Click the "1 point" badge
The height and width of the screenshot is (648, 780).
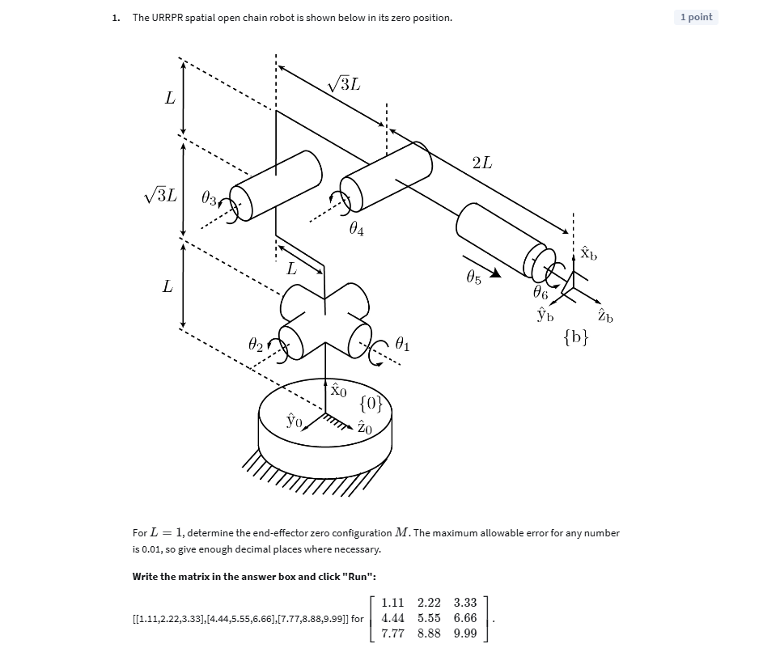(696, 17)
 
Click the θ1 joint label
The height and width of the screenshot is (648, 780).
(402, 346)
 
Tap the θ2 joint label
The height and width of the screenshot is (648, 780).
(255, 346)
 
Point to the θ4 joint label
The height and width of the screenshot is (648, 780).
(356, 231)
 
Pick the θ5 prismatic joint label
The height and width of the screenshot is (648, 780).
(473, 278)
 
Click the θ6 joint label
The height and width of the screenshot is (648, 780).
(540, 293)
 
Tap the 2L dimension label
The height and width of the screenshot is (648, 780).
(481, 163)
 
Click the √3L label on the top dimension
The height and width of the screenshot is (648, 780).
(344, 83)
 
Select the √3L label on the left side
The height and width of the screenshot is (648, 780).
(159, 195)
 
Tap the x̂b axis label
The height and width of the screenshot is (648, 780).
(589, 253)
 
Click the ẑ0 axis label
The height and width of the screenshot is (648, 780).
(365, 429)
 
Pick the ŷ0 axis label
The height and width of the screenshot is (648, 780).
(294, 421)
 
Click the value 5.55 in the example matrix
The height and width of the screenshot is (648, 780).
(429, 618)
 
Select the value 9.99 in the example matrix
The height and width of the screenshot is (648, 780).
(465, 633)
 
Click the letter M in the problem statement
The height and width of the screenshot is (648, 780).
(402, 533)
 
